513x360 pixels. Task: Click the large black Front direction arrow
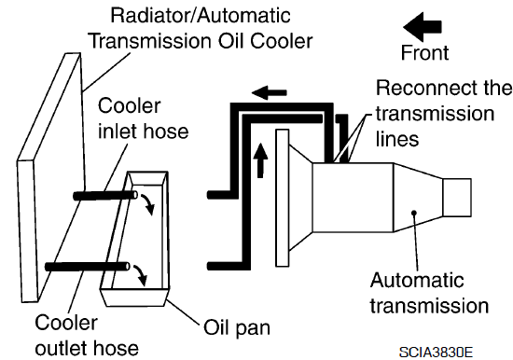[423, 27]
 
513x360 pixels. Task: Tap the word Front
[424, 52]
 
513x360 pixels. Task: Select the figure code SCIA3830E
[437, 353]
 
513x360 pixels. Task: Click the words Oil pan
[237, 327]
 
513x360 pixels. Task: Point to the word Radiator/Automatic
[201, 16]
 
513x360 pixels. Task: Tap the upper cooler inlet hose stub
[105, 195]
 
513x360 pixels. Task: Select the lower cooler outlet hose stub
[88, 267]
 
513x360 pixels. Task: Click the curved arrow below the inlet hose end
[148, 204]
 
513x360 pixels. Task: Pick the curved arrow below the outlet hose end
[140, 275]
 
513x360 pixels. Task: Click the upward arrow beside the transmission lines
[260, 160]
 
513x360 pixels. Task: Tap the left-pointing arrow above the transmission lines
[270, 93]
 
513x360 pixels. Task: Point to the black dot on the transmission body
[414, 213]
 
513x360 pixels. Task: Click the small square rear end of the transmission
[457, 198]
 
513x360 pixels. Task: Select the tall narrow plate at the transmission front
[283, 198]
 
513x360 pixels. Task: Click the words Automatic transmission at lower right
[429, 293]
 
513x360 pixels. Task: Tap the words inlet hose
[144, 132]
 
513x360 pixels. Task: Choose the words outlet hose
[87, 348]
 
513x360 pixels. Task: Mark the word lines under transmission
[397, 138]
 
